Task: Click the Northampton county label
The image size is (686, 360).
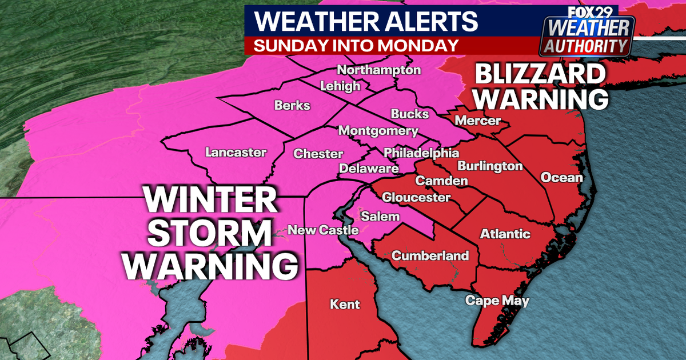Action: click(x=379, y=70)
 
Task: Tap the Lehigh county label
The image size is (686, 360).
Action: click(x=341, y=86)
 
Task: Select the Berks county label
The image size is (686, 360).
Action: click(x=292, y=106)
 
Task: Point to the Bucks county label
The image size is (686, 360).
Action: click(x=410, y=114)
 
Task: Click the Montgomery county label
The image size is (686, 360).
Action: click(x=378, y=131)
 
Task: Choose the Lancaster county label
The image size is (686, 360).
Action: click(x=236, y=153)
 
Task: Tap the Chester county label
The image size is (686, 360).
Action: click(x=318, y=154)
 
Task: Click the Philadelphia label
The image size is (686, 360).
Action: click(x=421, y=153)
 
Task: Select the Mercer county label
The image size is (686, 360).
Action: click(x=478, y=121)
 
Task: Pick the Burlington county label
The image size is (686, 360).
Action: click(x=490, y=166)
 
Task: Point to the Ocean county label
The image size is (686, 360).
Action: click(x=561, y=177)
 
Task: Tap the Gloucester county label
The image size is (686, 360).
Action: click(x=416, y=198)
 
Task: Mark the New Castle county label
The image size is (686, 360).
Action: click(x=323, y=230)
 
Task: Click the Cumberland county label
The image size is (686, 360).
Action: click(x=430, y=255)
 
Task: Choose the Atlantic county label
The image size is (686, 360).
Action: click(x=505, y=234)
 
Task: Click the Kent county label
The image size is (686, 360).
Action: click(x=345, y=305)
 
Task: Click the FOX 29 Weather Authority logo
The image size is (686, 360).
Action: click(x=588, y=31)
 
